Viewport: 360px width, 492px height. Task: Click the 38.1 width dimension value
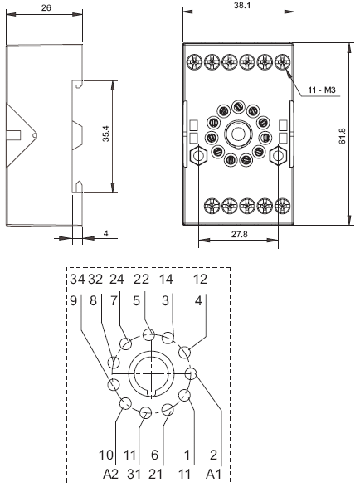click(x=242, y=6)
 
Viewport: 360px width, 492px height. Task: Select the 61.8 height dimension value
click(x=342, y=136)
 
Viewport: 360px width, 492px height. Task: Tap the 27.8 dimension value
click(x=239, y=234)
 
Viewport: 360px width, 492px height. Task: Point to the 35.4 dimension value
click(x=106, y=134)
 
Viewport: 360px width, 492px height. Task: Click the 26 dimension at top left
click(x=46, y=7)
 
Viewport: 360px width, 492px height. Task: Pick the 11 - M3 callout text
click(x=322, y=90)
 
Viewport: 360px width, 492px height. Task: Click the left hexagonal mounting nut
click(x=198, y=156)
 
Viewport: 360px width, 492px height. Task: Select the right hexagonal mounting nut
click(x=278, y=156)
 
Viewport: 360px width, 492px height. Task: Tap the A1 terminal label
click(x=213, y=474)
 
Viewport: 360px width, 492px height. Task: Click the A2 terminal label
click(x=110, y=474)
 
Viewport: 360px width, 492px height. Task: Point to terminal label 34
click(x=77, y=279)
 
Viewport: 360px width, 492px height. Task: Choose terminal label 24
click(x=117, y=279)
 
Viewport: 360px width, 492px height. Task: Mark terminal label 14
click(x=166, y=279)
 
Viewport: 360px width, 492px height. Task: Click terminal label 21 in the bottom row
click(x=156, y=474)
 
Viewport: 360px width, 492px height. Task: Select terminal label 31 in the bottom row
click(x=134, y=474)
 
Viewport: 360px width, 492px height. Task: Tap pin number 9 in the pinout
click(x=73, y=300)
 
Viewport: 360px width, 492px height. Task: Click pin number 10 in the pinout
click(x=105, y=455)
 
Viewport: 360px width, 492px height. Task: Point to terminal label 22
click(x=141, y=279)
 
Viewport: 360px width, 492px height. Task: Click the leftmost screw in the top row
click(x=195, y=62)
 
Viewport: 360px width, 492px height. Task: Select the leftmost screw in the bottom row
click(x=212, y=206)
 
